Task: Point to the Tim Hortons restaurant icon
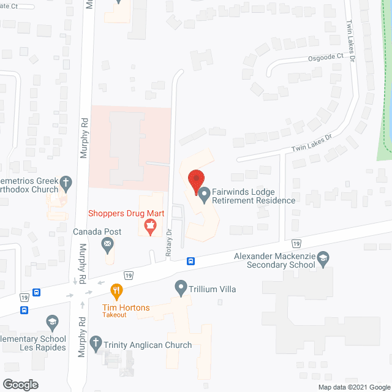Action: click(x=115, y=290)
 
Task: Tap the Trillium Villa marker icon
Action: click(x=181, y=287)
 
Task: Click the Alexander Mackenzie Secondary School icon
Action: click(x=323, y=260)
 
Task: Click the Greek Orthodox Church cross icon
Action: click(x=66, y=183)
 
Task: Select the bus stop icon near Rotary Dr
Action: click(x=191, y=261)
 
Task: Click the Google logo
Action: click(x=20, y=384)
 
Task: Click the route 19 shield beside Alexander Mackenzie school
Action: click(x=296, y=243)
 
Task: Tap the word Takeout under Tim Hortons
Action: click(x=115, y=315)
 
